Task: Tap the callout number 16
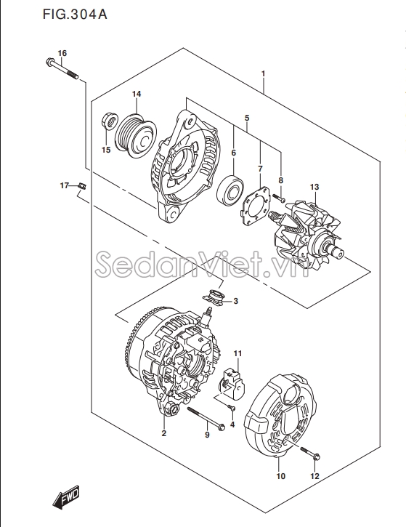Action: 62,54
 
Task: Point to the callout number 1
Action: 262,73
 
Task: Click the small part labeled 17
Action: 82,186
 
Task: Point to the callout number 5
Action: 247,117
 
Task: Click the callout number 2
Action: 164,434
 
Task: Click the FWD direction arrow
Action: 66,498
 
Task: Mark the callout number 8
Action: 280,180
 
